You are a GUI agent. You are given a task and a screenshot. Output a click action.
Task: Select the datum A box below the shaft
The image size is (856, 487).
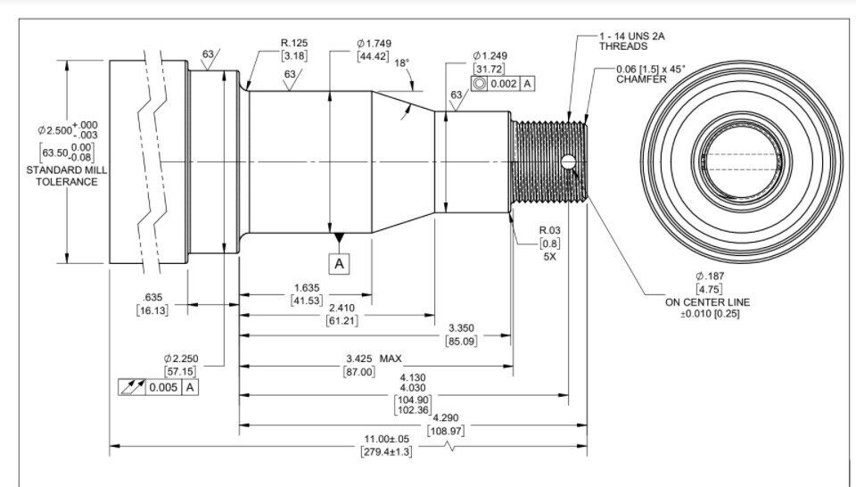point(340,263)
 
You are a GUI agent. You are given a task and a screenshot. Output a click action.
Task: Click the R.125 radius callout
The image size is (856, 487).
point(296,42)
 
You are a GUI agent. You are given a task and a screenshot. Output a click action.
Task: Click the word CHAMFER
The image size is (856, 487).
point(641,79)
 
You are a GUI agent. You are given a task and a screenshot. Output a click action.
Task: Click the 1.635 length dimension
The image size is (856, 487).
point(307,288)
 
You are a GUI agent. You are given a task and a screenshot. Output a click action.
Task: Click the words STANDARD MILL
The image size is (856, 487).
point(62,169)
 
